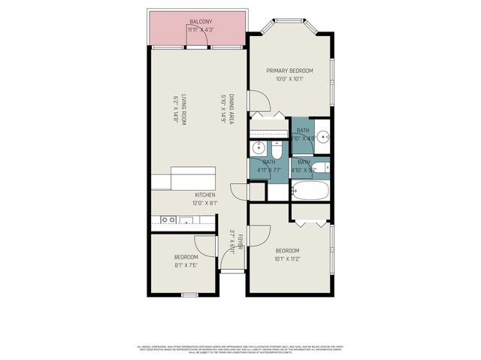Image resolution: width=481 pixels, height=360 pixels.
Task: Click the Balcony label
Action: [200, 22]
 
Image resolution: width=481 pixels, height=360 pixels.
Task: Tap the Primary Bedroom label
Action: [289, 71]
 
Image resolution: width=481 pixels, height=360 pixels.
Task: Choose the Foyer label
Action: [240, 242]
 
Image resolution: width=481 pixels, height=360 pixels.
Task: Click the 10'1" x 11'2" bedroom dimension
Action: [287, 259]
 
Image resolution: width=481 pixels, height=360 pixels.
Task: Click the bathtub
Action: [310, 189]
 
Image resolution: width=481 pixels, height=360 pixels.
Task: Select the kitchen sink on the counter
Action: [186, 220]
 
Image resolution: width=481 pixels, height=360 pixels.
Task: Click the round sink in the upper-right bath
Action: [322, 137]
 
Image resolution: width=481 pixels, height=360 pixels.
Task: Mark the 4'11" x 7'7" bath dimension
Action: [268, 170]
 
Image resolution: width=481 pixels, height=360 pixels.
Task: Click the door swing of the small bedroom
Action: [204, 247]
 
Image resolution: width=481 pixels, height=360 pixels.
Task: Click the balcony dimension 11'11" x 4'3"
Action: [200, 30]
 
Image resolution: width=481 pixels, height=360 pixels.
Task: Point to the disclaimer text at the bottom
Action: [240, 349]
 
